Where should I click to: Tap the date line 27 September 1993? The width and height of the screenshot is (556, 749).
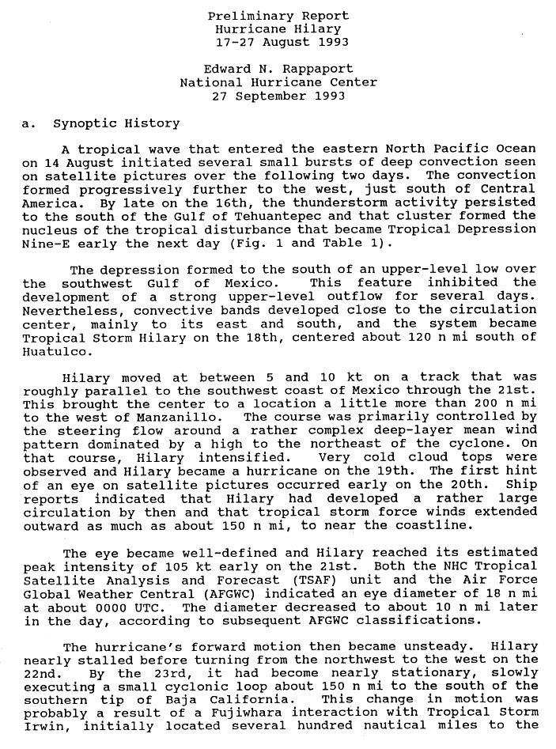click(x=278, y=96)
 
